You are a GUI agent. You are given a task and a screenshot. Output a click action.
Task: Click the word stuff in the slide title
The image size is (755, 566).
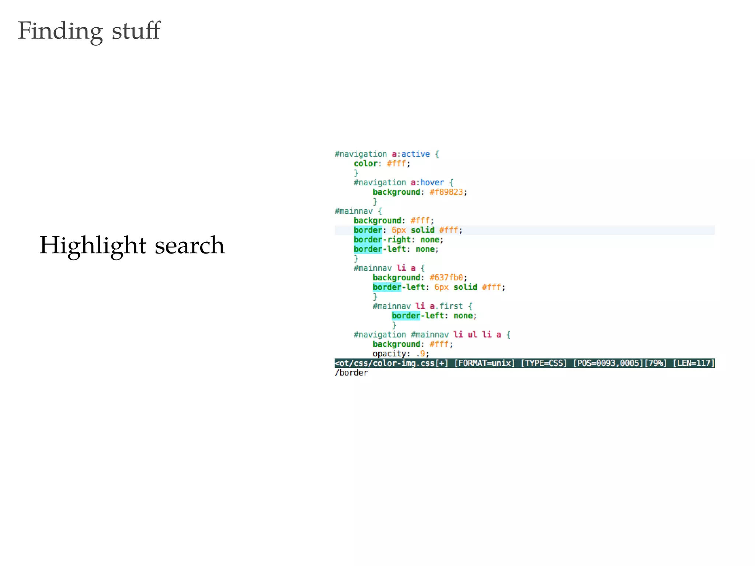tap(136, 31)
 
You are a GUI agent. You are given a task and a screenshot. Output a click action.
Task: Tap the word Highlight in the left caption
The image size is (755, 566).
tap(93, 246)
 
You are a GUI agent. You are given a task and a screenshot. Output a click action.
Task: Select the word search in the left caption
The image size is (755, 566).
tap(189, 246)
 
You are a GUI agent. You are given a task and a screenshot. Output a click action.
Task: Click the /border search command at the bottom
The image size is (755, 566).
tap(351, 373)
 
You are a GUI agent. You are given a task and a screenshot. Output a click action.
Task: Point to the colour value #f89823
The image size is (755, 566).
tap(446, 192)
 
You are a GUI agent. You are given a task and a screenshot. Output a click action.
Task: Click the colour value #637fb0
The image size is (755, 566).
tap(446, 277)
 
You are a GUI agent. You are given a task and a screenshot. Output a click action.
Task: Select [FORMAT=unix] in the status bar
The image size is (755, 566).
tap(484, 363)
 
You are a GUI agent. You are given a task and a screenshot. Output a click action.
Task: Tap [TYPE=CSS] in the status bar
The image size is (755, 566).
tap(544, 363)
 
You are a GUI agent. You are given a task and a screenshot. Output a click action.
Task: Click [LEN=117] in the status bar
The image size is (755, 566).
tap(694, 363)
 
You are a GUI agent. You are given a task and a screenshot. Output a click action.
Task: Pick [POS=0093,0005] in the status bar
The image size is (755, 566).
tap(608, 363)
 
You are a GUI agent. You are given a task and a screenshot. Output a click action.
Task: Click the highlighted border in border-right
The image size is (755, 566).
tap(368, 240)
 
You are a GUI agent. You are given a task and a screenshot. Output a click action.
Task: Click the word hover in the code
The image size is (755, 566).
tap(432, 182)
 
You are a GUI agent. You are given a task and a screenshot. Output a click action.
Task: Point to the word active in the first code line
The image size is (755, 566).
tap(415, 154)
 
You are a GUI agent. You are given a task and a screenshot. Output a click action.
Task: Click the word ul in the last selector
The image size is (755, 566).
tap(472, 335)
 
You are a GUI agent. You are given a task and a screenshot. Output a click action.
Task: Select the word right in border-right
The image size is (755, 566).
tap(399, 240)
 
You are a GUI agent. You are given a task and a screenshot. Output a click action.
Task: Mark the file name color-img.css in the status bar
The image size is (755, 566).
tap(404, 363)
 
